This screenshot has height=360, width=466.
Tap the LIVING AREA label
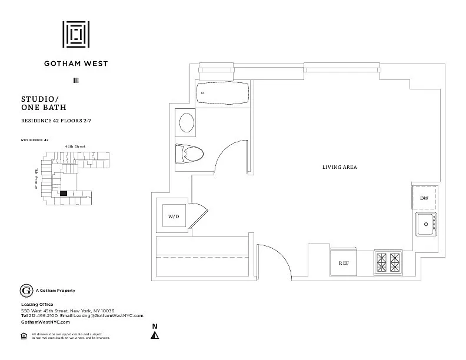339,168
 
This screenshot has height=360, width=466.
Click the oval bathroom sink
187,124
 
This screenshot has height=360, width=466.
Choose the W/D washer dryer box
174,216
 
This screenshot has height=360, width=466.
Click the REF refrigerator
344,263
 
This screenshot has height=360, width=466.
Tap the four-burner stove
388,262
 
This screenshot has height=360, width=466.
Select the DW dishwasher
424,198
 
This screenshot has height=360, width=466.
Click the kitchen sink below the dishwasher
424,224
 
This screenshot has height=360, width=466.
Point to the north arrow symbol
155,335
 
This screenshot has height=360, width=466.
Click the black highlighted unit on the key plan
63,193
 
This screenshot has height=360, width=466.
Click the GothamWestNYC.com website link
45,322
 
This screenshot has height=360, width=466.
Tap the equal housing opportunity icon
24,335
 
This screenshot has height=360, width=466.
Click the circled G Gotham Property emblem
26,291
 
